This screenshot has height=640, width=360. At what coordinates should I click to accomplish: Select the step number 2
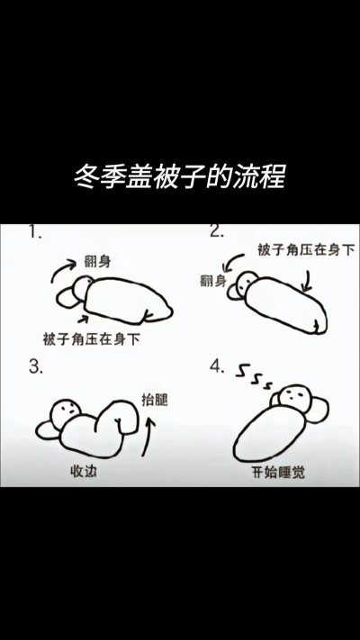[217, 231]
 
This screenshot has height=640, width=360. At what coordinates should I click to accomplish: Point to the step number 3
[37, 366]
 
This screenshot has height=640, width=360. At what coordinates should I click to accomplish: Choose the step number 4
[217, 366]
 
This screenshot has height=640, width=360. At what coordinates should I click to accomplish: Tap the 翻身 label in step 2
[212, 281]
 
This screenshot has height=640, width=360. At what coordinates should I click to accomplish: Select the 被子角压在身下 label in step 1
[91, 339]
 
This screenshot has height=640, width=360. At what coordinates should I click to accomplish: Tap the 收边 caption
[84, 471]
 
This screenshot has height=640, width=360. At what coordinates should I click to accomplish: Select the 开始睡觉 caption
[280, 471]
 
